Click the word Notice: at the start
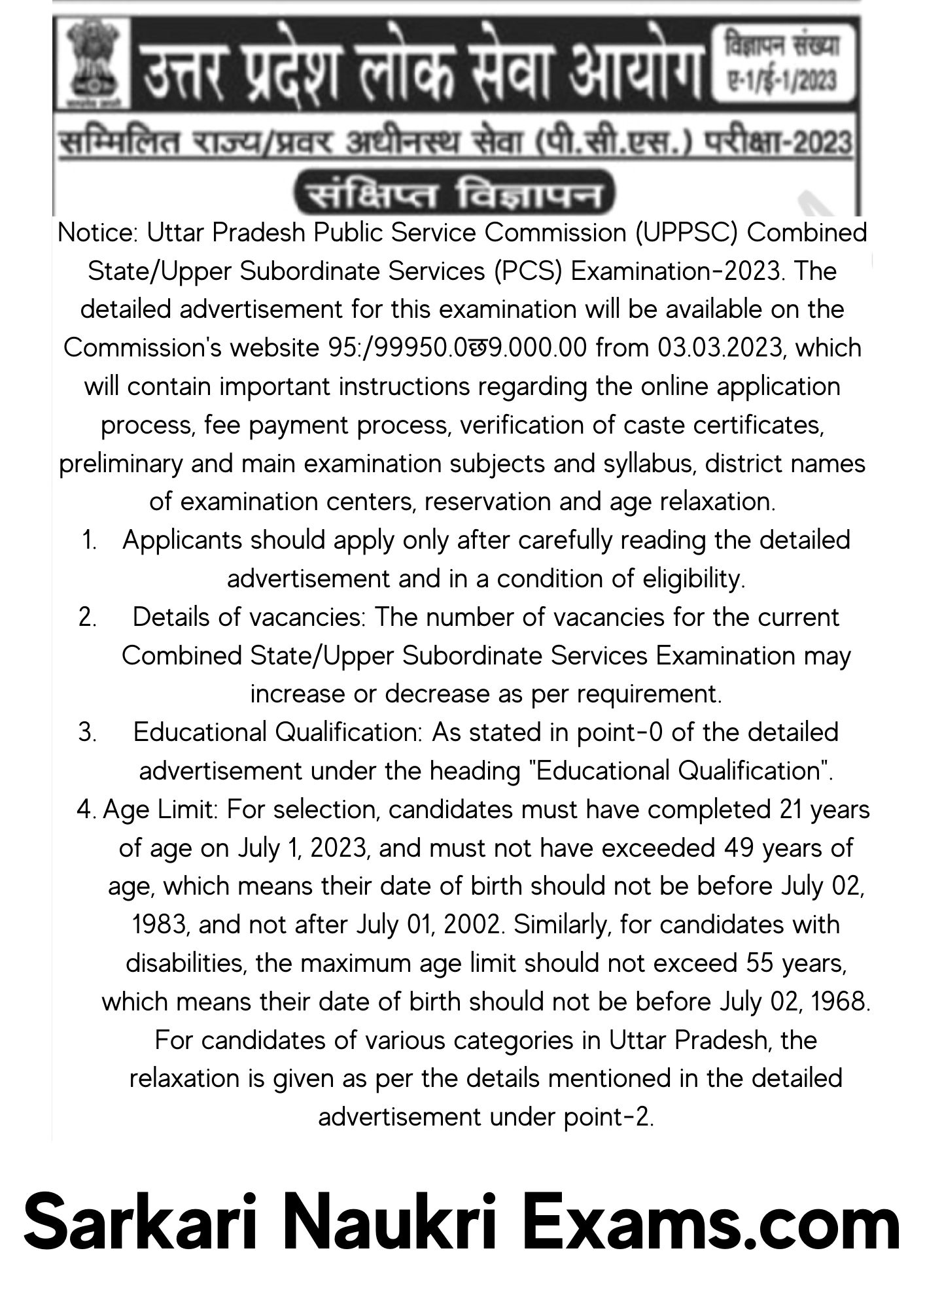98,233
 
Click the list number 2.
88,617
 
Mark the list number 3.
88,732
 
